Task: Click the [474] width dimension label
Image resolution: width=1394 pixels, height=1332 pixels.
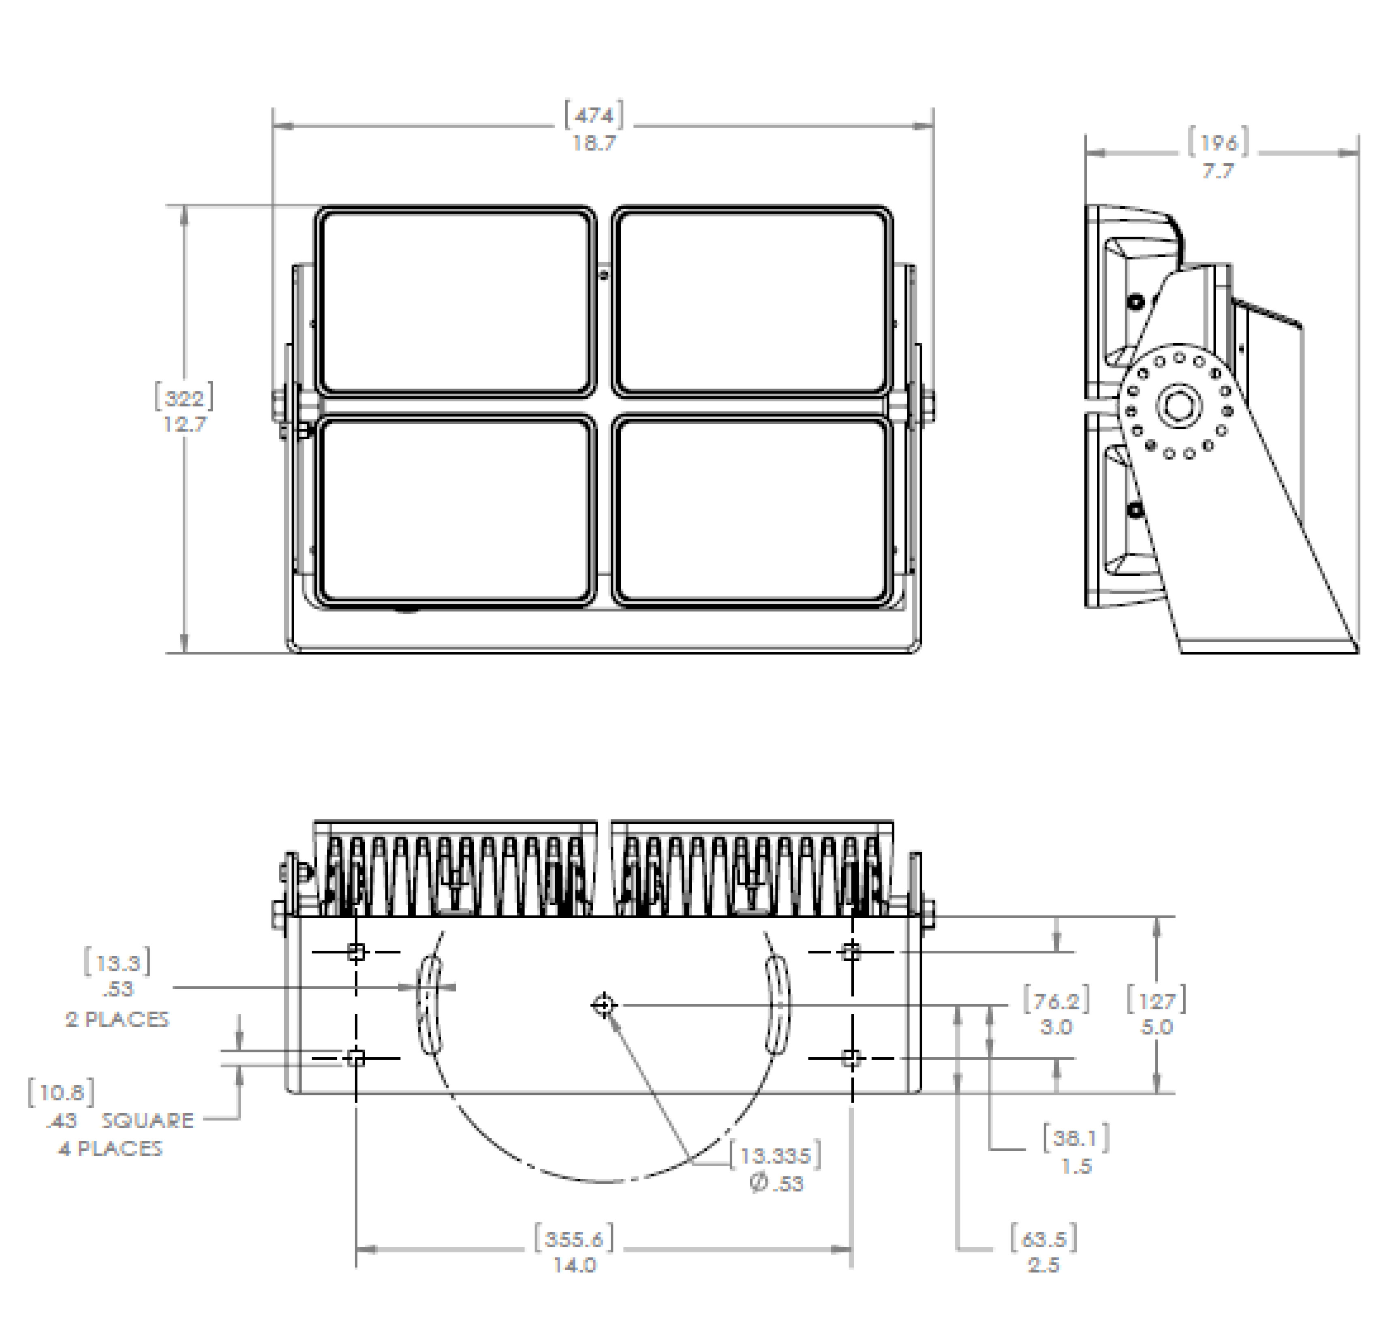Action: pyautogui.click(x=594, y=115)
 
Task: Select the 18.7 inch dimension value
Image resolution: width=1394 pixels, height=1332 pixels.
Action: pyautogui.click(x=594, y=143)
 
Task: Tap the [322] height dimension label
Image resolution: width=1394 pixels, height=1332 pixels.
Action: pyautogui.click(x=184, y=397)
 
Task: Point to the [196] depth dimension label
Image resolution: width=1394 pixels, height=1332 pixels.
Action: pyautogui.click(x=1219, y=143)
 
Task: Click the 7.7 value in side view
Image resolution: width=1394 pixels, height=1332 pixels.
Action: pyautogui.click(x=1218, y=171)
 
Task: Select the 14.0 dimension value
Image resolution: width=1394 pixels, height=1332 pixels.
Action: pyautogui.click(x=575, y=1265)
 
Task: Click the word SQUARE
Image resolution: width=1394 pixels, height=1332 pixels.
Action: pyautogui.click(x=147, y=1120)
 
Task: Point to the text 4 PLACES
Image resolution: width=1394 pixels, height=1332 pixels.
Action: pyautogui.click(x=110, y=1148)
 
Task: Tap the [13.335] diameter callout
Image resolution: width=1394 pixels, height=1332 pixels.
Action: pyautogui.click(x=776, y=1155)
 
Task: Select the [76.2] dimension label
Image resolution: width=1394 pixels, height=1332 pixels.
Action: pyautogui.click(x=1056, y=1001)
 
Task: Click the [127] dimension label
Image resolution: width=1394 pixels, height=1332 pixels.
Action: pyautogui.click(x=1156, y=1001)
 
